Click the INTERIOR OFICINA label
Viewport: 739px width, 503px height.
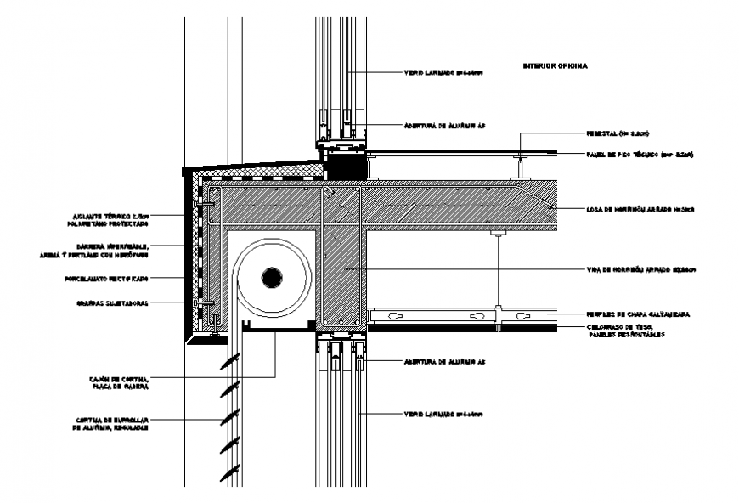(x=555, y=65)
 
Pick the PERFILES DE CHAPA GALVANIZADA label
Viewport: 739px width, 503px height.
(x=638, y=314)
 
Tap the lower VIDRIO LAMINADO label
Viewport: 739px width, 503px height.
(x=443, y=414)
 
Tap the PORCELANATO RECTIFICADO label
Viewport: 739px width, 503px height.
(x=106, y=278)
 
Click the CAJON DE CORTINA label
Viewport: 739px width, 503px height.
(x=119, y=381)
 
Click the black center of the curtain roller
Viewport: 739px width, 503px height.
(x=272, y=278)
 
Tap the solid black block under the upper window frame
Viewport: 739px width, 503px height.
(x=347, y=165)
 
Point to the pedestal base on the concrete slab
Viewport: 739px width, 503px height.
(x=517, y=176)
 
